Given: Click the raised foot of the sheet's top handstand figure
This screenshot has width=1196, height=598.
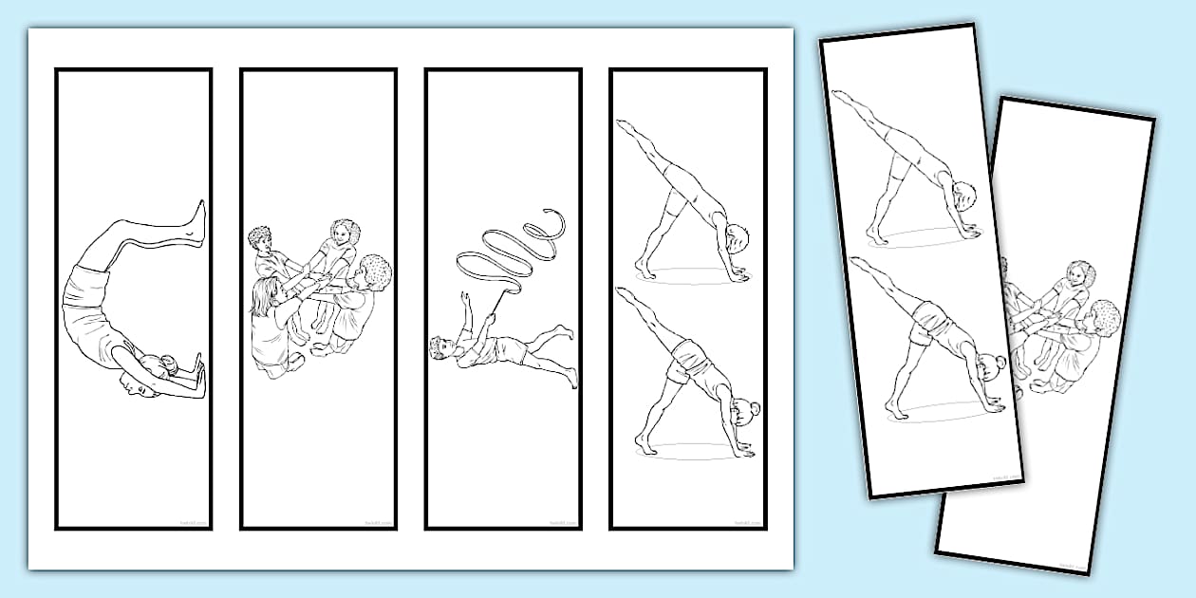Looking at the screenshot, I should (623, 125).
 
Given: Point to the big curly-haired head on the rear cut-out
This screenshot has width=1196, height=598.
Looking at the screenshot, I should (1104, 316).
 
